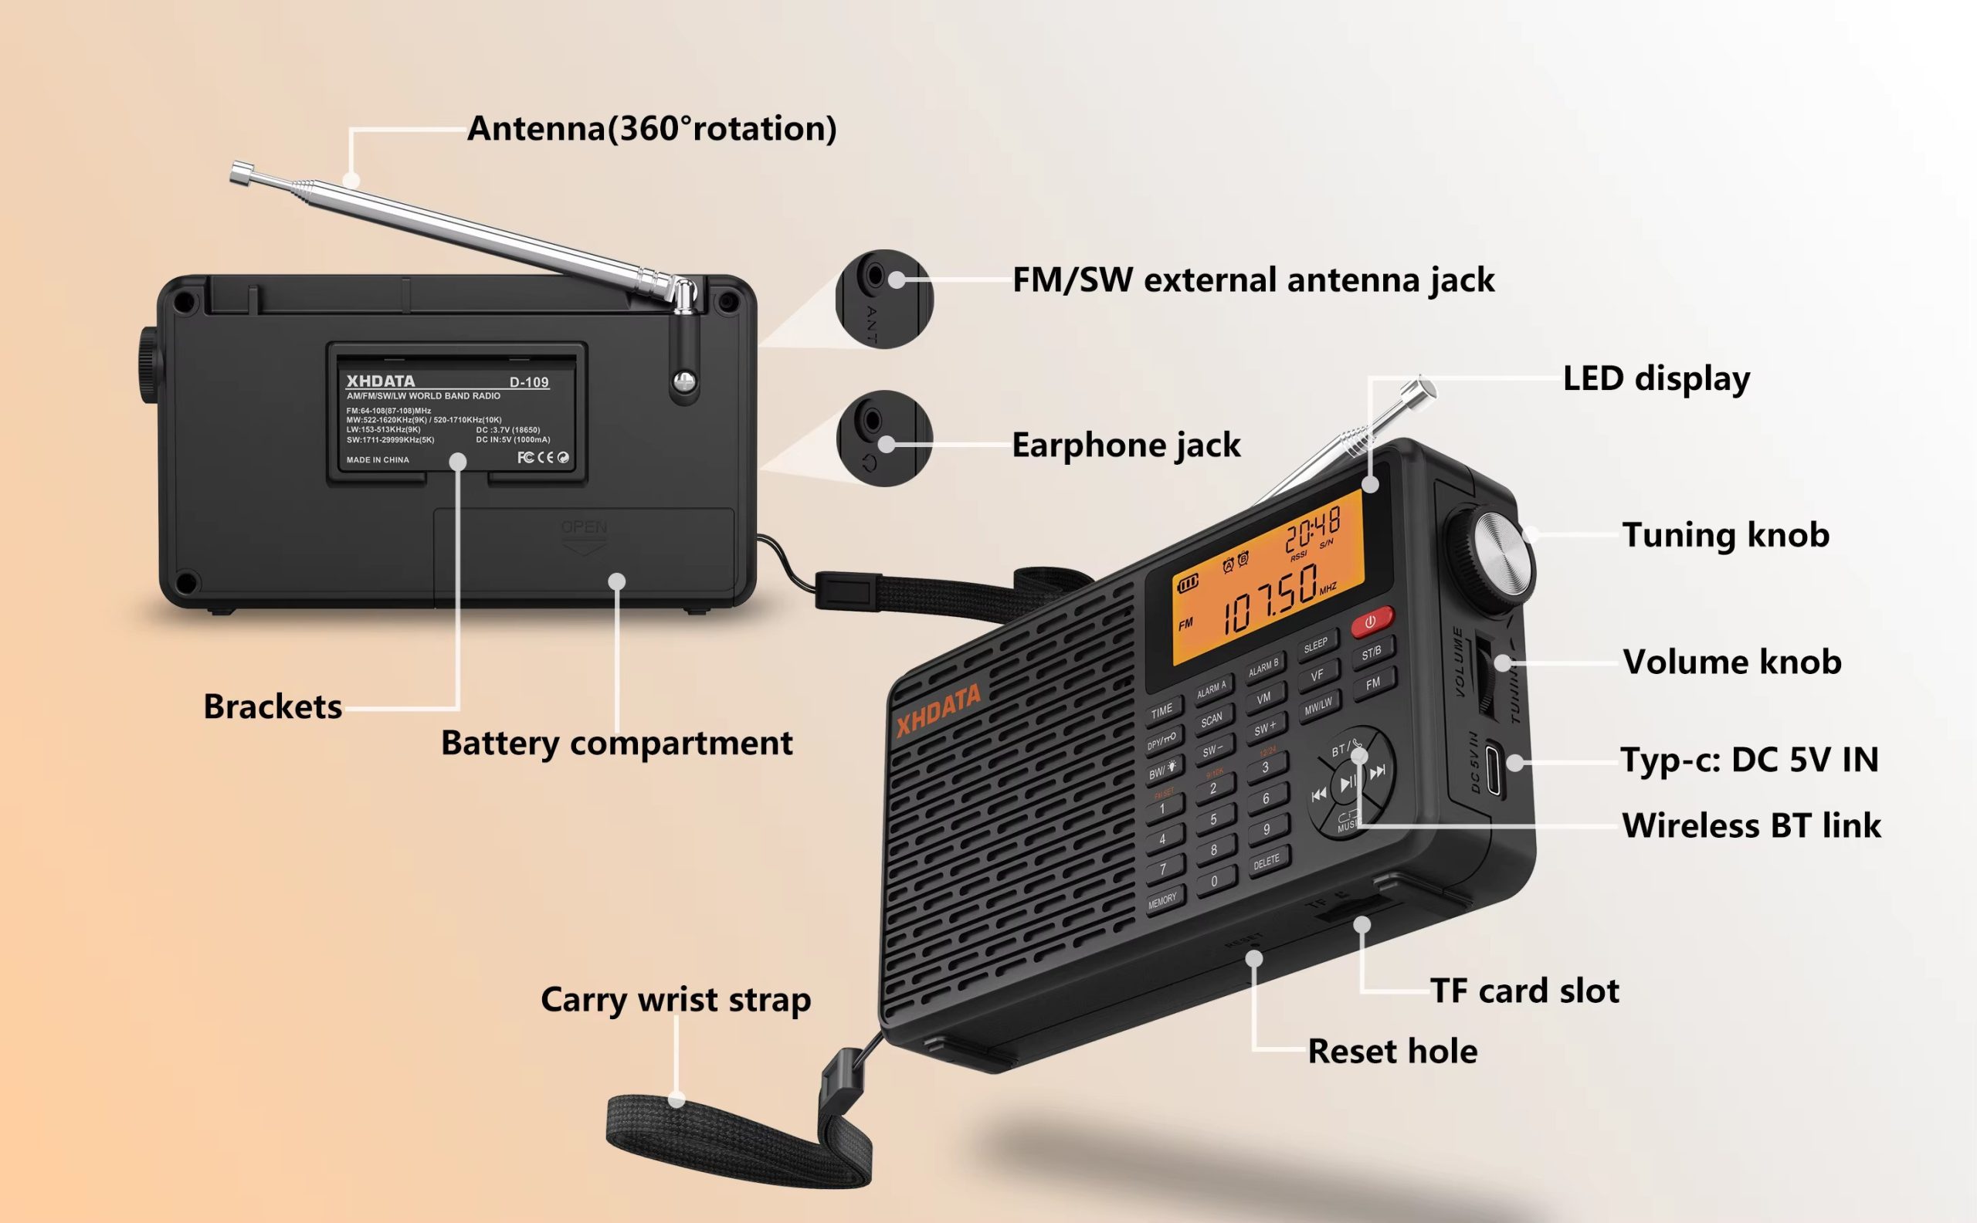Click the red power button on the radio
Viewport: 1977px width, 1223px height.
1372,622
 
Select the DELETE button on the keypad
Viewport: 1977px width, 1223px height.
1267,862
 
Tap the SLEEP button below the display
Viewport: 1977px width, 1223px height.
1316,645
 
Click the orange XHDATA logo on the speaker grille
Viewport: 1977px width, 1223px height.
938,710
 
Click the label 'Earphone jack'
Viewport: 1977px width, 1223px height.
1125,445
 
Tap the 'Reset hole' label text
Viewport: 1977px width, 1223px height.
1392,1051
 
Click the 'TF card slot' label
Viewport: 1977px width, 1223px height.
1524,990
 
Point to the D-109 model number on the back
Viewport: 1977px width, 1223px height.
529,381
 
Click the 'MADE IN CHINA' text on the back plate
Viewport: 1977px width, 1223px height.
378,459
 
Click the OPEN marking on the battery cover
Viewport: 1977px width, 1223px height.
583,527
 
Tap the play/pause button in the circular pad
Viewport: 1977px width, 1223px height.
1348,783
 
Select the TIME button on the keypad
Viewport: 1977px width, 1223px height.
1162,711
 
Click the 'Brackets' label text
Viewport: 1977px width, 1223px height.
273,706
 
